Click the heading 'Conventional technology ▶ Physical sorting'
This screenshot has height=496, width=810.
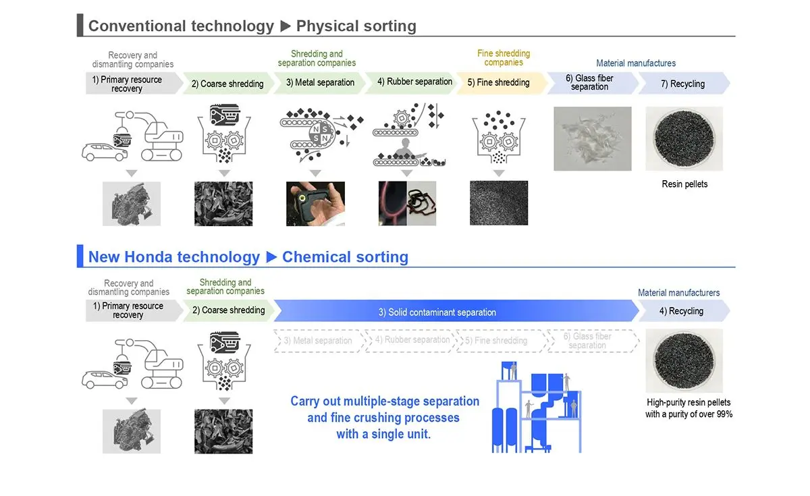pos(252,26)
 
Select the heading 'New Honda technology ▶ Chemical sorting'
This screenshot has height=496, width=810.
pos(248,257)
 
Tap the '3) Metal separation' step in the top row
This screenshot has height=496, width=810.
pos(320,83)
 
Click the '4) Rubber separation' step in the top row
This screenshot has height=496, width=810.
pos(414,82)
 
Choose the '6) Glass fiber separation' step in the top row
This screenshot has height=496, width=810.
pos(589,83)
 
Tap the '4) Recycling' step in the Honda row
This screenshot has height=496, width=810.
pos(685,311)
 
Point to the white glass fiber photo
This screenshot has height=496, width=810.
pos(592,138)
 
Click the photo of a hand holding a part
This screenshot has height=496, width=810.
pos(315,203)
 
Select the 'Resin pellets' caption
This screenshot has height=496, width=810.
pos(684,184)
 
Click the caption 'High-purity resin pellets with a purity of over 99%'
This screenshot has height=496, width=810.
pos(688,408)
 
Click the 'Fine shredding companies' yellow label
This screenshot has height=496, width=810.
pos(504,58)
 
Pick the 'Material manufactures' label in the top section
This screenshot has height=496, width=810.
pos(636,63)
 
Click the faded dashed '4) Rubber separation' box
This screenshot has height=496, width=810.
pos(411,340)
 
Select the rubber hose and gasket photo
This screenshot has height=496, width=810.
pos(408,203)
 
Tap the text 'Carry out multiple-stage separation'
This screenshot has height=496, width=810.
pos(385,402)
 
